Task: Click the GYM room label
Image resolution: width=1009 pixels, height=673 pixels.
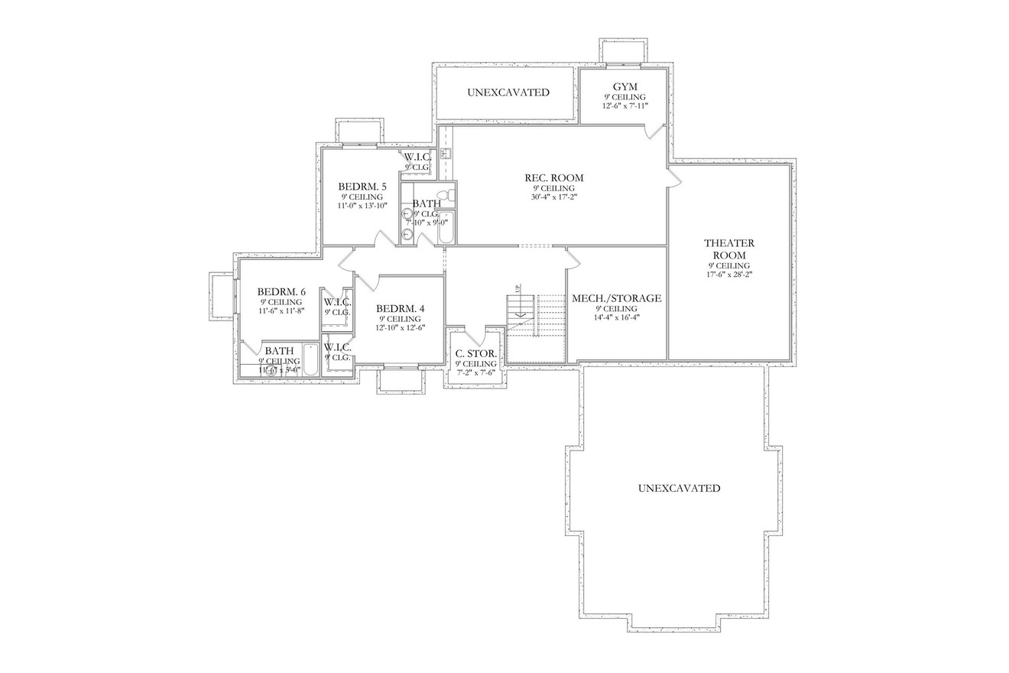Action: pos(625,86)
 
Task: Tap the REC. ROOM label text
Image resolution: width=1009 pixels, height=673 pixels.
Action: pos(553,177)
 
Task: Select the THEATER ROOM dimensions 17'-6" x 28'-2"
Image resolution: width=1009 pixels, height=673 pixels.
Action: pos(728,274)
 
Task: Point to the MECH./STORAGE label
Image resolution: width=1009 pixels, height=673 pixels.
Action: pos(616,298)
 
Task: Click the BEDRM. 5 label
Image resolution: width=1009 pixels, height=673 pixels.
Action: pos(362,187)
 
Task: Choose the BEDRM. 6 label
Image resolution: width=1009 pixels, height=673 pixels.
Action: pos(281,291)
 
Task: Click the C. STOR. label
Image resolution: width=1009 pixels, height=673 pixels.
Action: pos(475,353)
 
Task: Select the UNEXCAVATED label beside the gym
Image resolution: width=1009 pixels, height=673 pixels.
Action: pos(508,93)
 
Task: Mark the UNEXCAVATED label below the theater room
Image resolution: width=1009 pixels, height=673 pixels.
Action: pos(679,488)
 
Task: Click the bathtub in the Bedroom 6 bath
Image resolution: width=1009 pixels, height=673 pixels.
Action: pos(310,360)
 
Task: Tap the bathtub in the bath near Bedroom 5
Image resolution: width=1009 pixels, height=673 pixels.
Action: pos(446,227)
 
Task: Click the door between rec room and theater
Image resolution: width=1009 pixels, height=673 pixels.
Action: pos(673,177)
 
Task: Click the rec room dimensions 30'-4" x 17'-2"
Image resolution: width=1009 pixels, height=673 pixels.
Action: pos(553,197)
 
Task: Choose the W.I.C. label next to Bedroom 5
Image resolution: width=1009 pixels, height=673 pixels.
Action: pos(417,158)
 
